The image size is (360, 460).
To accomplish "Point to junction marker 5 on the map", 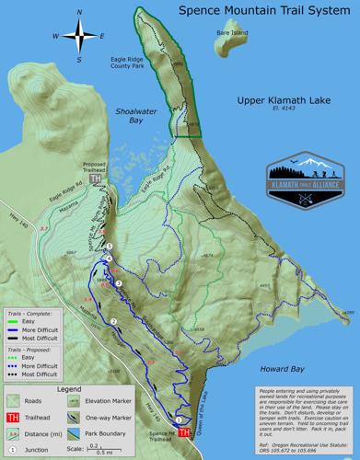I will coord(109,247).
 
